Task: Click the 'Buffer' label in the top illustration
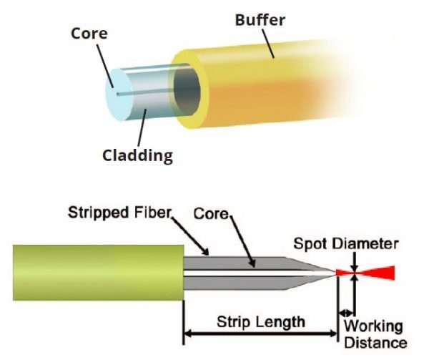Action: click(260, 19)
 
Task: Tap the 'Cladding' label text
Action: click(137, 154)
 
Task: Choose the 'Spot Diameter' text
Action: click(345, 244)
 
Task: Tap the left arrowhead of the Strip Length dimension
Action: click(189, 334)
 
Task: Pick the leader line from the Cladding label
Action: click(142, 126)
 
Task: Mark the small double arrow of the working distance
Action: click(346, 312)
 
